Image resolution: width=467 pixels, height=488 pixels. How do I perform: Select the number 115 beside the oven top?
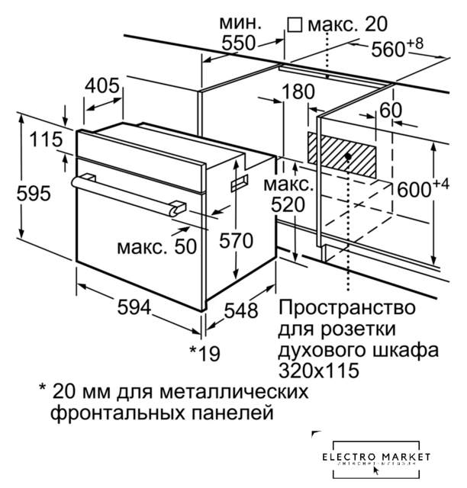tap(45, 141)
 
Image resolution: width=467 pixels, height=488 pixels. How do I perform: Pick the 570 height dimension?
tap(235, 241)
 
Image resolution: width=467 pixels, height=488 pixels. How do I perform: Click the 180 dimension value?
tap(297, 93)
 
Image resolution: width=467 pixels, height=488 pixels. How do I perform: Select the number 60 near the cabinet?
tap(390, 110)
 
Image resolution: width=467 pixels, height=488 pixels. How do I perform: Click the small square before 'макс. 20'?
tap(294, 26)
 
